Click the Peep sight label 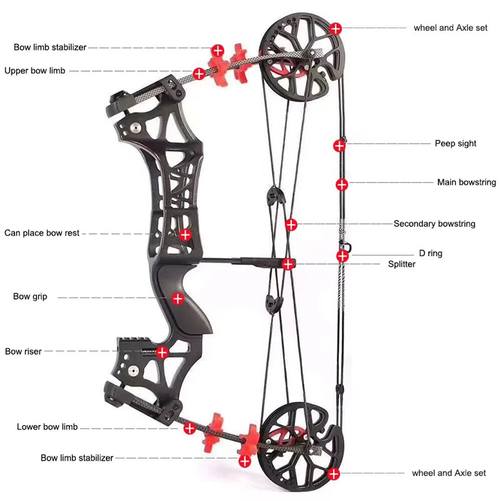[x=455, y=144]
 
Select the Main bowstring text [x=466, y=182]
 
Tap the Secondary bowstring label [x=434, y=224]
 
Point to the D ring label [x=430, y=254]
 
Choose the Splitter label [x=402, y=264]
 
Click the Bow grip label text [x=30, y=297]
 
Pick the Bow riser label [x=24, y=352]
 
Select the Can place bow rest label [x=42, y=233]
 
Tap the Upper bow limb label [x=35, y=71]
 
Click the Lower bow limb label [x=47, y=427]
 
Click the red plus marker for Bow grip [x=177, y=299]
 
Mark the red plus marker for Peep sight [x=340, y=146]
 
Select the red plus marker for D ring [x=342, y=256]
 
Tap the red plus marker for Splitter [x=288, y=264]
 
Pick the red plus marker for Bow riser [x=162, y=352]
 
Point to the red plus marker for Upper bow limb [x=199, y=74]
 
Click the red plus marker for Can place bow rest [x=185, y=234]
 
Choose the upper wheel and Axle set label [x=450, y=28]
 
